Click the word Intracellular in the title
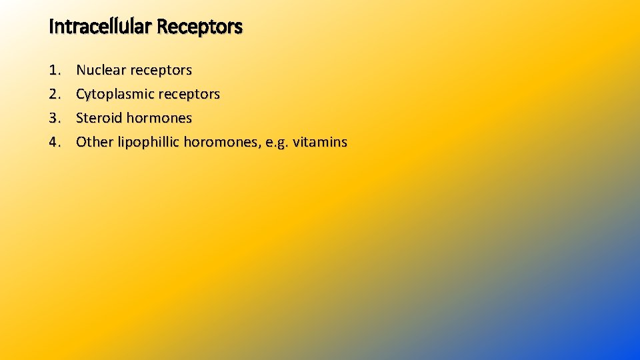[100, 27]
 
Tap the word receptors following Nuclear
[161, 71]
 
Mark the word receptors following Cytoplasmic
[189, 95]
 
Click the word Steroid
[99, 118]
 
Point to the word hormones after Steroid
[159, 118]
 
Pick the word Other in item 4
[95, 142]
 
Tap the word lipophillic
[148, 142]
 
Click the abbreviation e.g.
[277, 143]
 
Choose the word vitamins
[320, 142]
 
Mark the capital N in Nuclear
[81, 70]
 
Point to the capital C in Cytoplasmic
[81, 94]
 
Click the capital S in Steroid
[80, 118]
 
